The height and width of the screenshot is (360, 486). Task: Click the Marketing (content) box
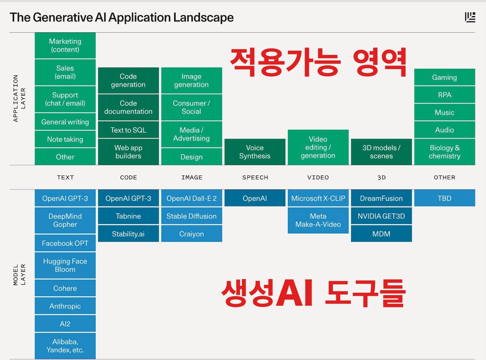(x=65, y=46)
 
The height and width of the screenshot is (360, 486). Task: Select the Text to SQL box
(x=128, y=130)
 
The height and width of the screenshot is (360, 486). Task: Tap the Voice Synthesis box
(x=255, y=152)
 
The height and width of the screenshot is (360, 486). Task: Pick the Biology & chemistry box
(x=445, y=152)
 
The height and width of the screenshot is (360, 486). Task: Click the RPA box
(x=445, y=95)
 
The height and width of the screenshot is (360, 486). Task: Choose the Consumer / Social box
(x=191, y=107)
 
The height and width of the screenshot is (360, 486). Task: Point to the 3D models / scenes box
(x=381, y=152)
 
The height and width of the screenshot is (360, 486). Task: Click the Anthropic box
(x=65, y=306)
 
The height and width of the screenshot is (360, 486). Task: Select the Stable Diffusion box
(x=191, y=216)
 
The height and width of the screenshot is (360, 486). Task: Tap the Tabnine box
(x=128, y=216)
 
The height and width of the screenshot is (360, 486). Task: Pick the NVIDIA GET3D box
(x=381, y=216)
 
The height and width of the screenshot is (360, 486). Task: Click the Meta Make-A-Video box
(x=318, y=220)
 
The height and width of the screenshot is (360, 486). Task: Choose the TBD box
(x=445, y=198)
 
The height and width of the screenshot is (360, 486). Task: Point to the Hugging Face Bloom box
(x=65, y=265)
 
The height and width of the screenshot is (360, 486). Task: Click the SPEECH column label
(x=255, y=177)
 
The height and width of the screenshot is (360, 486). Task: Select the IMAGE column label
(x=192, y=177)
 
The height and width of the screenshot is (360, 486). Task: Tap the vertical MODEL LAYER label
(x=19, y=275)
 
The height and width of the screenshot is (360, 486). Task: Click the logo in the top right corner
(x=470, y=17)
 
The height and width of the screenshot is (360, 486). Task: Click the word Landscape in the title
(x=204, y=17)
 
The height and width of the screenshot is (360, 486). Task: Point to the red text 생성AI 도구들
(x=313, y=293)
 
